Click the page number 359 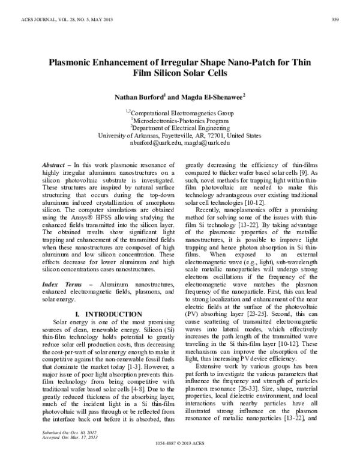336,22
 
